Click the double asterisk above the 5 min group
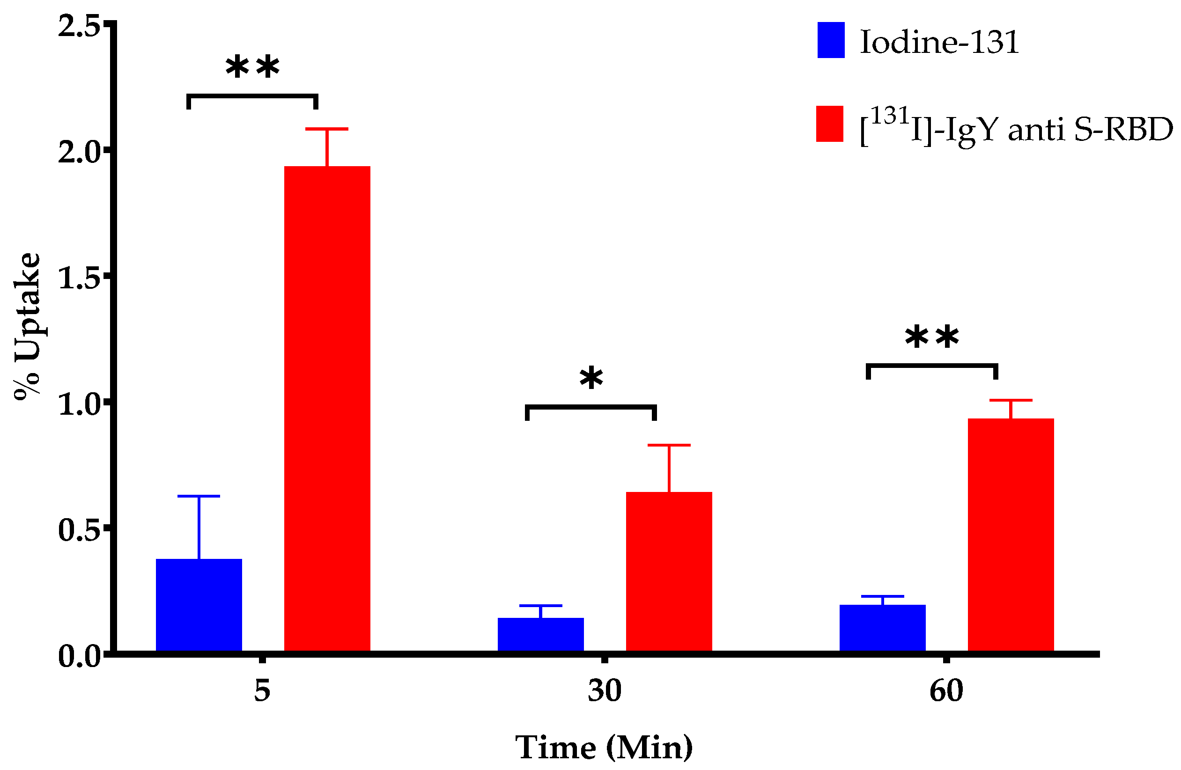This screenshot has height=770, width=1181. [252, 68]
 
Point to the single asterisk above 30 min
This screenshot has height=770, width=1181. [591, 380]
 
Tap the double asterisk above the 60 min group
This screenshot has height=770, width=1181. [932, 338]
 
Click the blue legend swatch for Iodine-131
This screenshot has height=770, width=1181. [831, 40]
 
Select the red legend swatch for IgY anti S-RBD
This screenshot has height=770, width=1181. [830, 124]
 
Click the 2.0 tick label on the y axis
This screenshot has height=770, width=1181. [80, 151]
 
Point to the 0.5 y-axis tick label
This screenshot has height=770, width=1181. [80, 529]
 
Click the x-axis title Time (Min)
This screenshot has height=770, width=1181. [604, 747]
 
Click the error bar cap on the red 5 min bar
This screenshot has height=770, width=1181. [326, 129]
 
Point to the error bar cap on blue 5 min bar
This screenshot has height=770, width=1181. [199, 496]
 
